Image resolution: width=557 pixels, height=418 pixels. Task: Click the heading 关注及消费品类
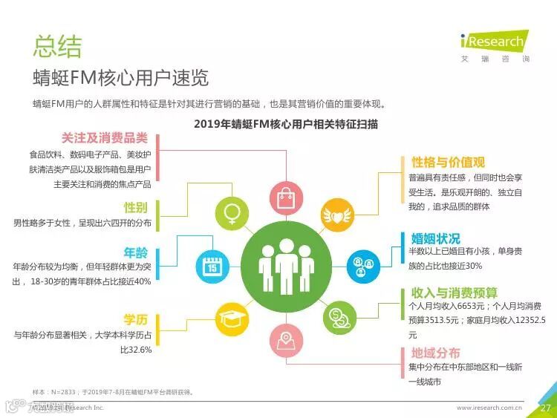(x=105, y=138)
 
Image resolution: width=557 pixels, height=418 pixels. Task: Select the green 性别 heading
(x=135, y=207)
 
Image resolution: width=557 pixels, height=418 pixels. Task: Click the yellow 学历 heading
(x=135, y=320)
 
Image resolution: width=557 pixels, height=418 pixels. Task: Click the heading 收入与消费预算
(x=454, y=293)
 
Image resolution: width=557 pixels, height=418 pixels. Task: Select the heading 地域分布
(x=435, y=353)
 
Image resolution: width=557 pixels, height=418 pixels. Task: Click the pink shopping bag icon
(x=286, y=197)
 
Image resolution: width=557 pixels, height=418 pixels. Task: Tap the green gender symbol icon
(x=232, y=214)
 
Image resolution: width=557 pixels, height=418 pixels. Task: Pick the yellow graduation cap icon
(x=232, y=319)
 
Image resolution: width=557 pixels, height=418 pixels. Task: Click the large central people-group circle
(x=285, y=265)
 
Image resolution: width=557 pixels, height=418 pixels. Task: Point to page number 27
(x=544, y=408)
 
